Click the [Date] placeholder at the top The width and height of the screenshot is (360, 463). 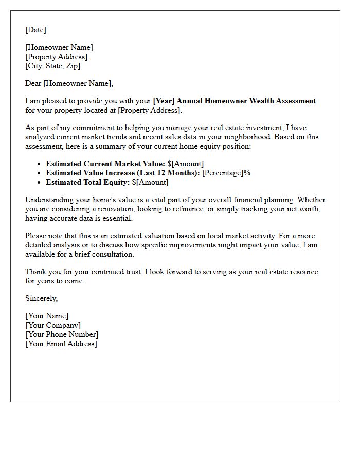[x=35, y=30]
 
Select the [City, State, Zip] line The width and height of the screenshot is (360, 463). [x=52, y=66]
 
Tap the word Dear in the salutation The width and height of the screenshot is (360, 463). [x=33, y=83]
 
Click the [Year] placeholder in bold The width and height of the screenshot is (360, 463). [x=164, y=101]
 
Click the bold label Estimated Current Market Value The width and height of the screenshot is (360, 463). [x=105, y=164]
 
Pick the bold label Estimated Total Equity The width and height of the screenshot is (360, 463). [x=87, y=182]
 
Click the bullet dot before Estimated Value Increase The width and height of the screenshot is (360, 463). [x=40, y=173]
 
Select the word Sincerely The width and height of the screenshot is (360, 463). [x=41, y=298]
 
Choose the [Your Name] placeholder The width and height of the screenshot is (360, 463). [x=47, y=316]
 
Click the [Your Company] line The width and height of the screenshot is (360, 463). [x=53, y=325]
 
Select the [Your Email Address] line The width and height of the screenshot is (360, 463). [x=61, y=344]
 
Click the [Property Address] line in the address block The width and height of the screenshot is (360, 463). [x=57, y=57]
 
